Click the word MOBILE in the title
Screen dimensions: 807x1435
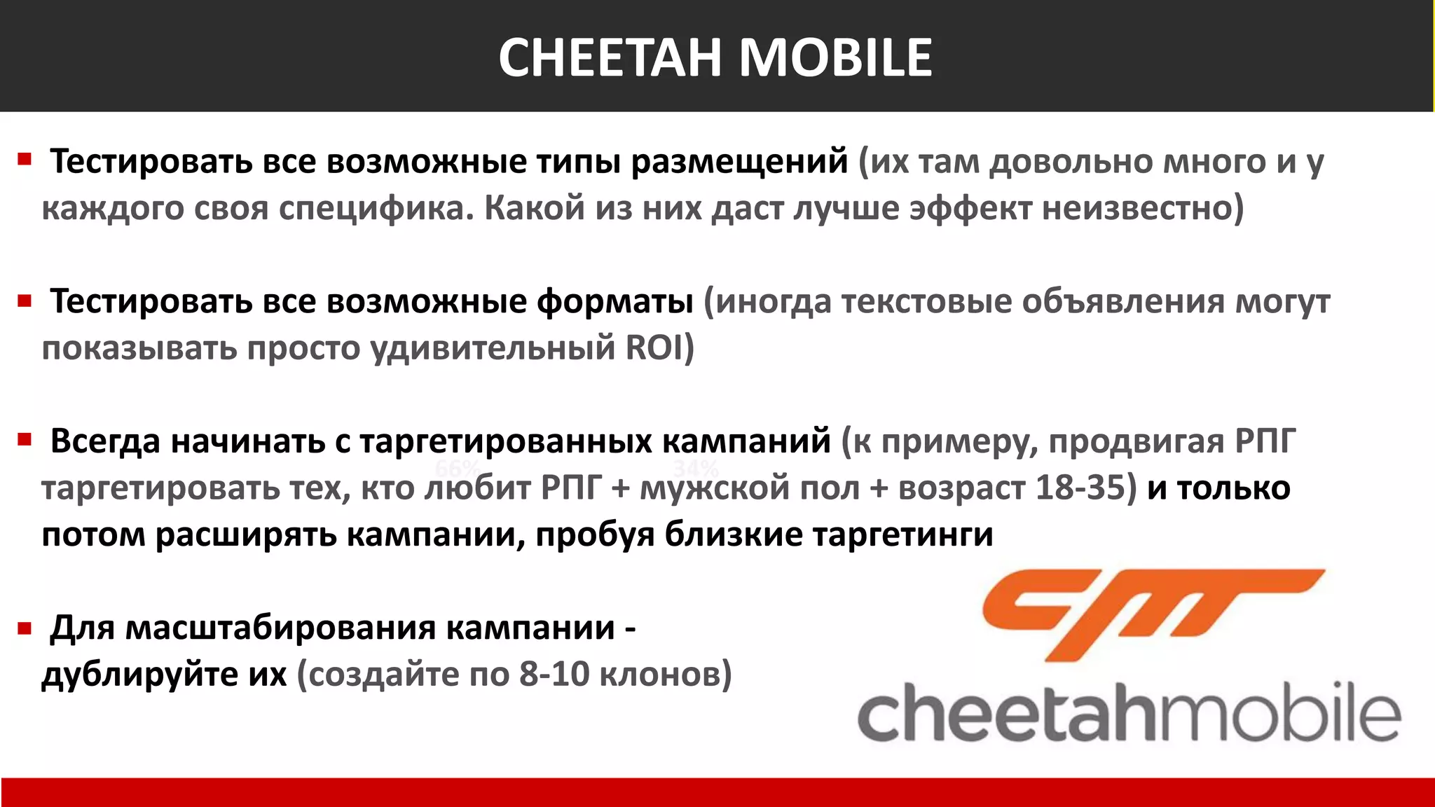click(x=835, y=57)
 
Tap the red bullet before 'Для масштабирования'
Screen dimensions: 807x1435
click(x=25, y=628)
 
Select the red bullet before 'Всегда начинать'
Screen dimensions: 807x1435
click(x=25, y=441)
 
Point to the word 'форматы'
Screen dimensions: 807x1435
click(x=614, y=302)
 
